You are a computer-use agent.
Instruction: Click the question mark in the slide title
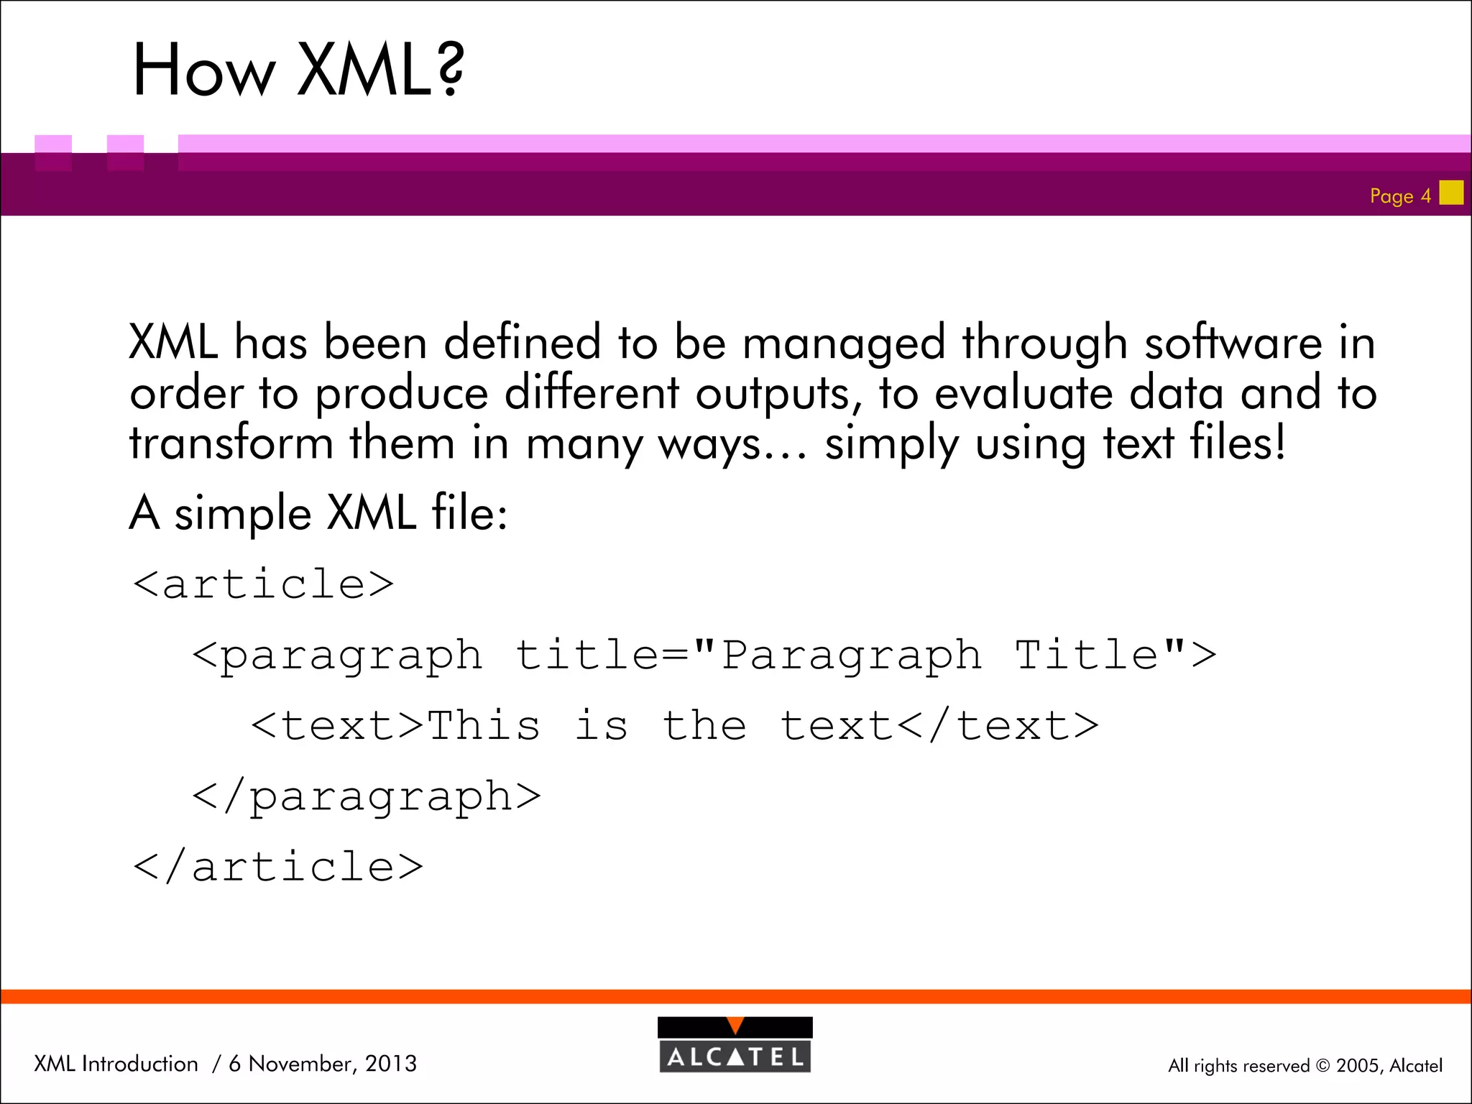pyautogui.click(x=449, y=69)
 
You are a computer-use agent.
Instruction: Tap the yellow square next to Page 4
pyautogui.click(x=1451, y=193)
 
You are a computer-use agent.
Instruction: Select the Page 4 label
pyautogui.click(x=1400, y=196)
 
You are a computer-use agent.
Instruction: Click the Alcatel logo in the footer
pyautogui.click(x=735, y=1045)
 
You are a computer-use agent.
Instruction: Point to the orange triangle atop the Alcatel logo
pyautogui.click(x=735, y=1026)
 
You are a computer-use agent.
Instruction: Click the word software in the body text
pyautogui.click(x=1233, y=342)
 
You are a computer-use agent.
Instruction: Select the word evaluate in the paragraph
pyautogui.click(x=1023, y=394)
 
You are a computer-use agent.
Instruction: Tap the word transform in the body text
pyautogui.click(x=231, y=443)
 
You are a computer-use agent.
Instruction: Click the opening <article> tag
pyautogui.click(x=263, y=584)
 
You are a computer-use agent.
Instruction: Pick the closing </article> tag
pyautogui.click(x=278, y=867)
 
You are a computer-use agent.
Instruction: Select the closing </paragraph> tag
pyautogui.click(x=367, y=796)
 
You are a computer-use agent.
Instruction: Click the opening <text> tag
pyautogui.click(x=337, y=726)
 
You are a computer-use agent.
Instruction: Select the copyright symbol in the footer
pyautogui.click(x=1322, y=1066)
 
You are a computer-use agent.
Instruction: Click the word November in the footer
pyautogui.click(x=302, y=1064)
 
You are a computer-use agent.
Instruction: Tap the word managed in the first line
pyautogui.click(x=844, y=344)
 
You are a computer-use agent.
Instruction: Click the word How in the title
pyautogui.click(x=204, y=70)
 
